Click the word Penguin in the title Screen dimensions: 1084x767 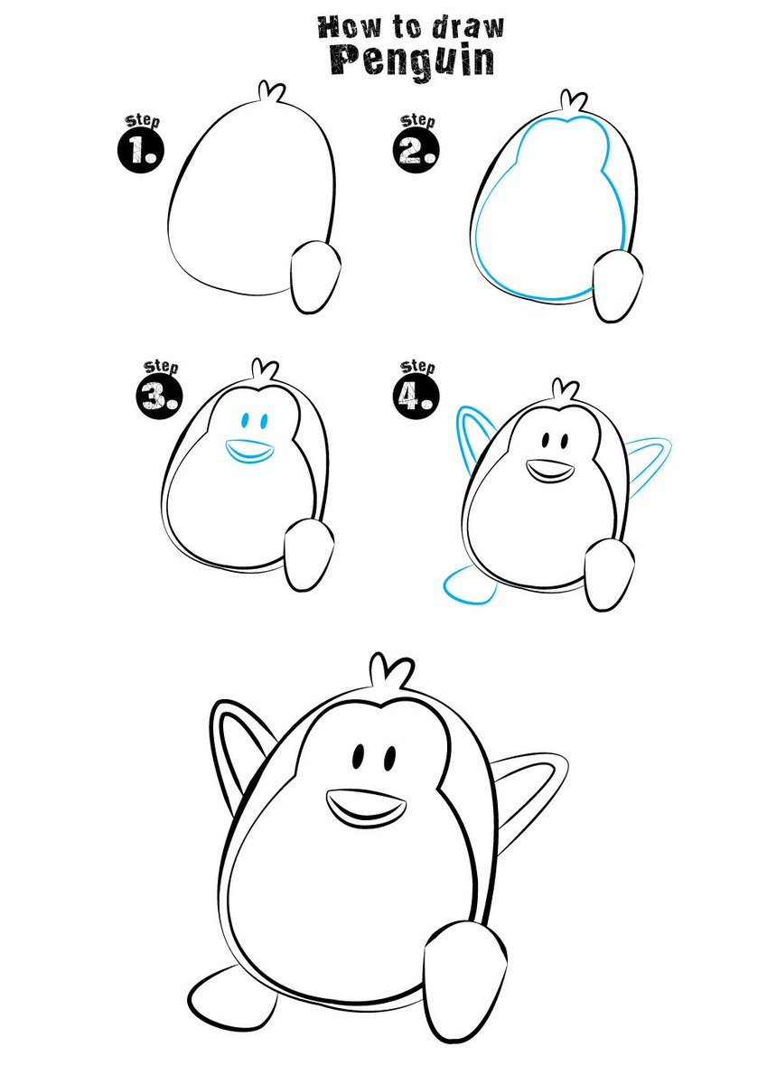[x=410, y=58]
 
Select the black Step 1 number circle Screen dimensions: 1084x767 [x=140, y=148]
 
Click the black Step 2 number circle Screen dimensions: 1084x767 [x=416, y=148]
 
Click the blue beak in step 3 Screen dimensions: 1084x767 [x=248, y=450]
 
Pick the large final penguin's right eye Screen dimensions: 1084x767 [x=389, y=758]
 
